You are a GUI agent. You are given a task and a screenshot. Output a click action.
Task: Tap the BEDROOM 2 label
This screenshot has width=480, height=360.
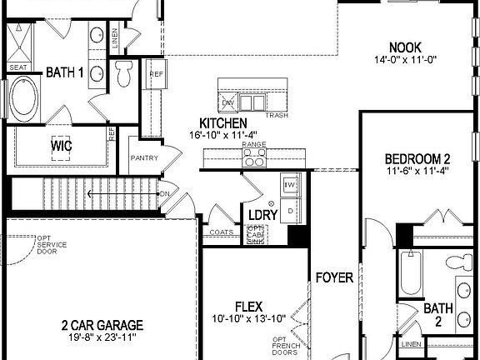(417, 159)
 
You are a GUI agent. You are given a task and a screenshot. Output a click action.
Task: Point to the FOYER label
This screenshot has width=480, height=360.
(334, 277)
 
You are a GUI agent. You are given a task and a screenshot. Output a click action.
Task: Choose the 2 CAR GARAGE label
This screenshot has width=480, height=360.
(102, 324)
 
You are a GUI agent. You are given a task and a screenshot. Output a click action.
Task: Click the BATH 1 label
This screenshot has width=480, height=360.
(65, 72)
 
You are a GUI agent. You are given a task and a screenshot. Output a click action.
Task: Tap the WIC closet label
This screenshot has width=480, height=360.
(61, 146)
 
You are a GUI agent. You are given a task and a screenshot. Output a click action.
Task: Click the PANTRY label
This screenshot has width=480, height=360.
(144, 157)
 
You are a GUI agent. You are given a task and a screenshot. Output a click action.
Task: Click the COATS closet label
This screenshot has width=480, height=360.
(222, 232)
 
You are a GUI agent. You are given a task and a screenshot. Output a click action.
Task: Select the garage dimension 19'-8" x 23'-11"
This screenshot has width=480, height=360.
(102, 337)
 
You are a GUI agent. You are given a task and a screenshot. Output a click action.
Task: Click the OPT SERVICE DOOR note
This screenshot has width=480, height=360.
(47, 244)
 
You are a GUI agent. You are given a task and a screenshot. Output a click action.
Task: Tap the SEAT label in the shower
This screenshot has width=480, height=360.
(17, 67)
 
